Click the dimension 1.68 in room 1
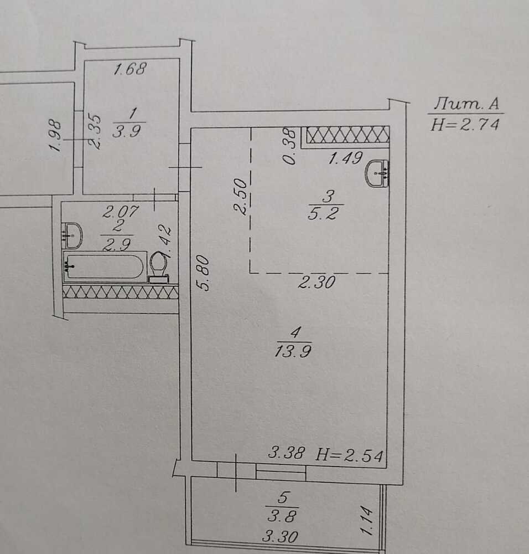coord(130,69)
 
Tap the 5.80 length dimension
coord(205,273)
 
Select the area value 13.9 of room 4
coord(293,352)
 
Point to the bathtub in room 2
coord(104,266)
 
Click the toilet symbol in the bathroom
coord(159,268)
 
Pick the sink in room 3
coord(377,173)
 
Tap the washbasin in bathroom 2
coord(72,235)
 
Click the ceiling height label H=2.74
coord(465,124)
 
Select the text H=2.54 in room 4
coord(349,455)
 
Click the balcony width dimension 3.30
coord(280,537)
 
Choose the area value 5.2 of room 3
coord(323,214)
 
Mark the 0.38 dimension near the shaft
coord(289,146)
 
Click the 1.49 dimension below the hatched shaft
coord(345,158)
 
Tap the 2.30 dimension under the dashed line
coord(317,283)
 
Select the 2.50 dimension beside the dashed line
coord(241,197)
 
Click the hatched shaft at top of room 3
coord(348,135)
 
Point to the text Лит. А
coord(466,104)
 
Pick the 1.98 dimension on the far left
coord(56,136)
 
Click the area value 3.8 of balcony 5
coord(282,517)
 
